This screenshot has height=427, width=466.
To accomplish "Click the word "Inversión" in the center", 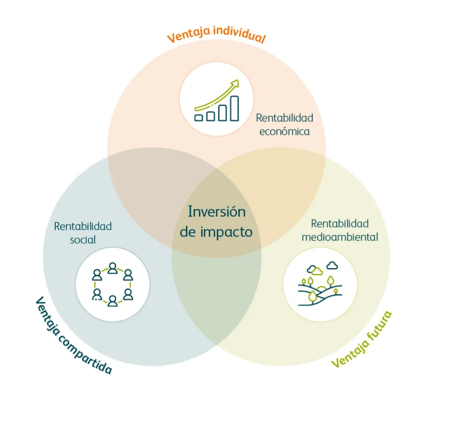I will [216, 211].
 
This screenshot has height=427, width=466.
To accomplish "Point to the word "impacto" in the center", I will [226, 232].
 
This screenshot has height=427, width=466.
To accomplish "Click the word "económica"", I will [284, 131].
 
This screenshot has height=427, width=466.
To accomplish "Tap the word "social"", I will [83, 239].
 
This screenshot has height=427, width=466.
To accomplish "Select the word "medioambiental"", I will [340, 237].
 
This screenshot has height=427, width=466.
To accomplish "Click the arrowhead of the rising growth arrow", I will [234, 85].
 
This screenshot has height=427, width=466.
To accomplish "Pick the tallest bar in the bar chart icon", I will [234, 108].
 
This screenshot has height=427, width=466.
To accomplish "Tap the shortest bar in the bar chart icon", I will [199, 117].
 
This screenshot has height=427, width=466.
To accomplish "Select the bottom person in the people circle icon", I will [112, 301].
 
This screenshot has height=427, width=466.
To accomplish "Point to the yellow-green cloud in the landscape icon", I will [316, 271].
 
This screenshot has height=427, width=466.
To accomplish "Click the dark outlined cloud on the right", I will [331, 265].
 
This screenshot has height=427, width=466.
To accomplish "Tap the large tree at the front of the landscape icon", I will [312, 295].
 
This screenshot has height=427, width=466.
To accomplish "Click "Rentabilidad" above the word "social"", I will [83, 226].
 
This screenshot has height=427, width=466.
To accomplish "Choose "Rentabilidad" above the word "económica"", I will [284, 118].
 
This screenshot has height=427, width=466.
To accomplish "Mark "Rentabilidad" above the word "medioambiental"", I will [340, 223].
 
